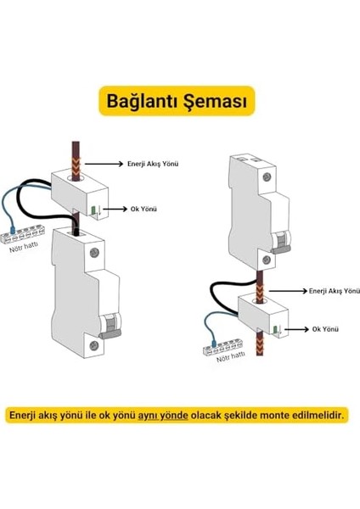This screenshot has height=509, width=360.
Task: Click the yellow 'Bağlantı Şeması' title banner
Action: point(179,100)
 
